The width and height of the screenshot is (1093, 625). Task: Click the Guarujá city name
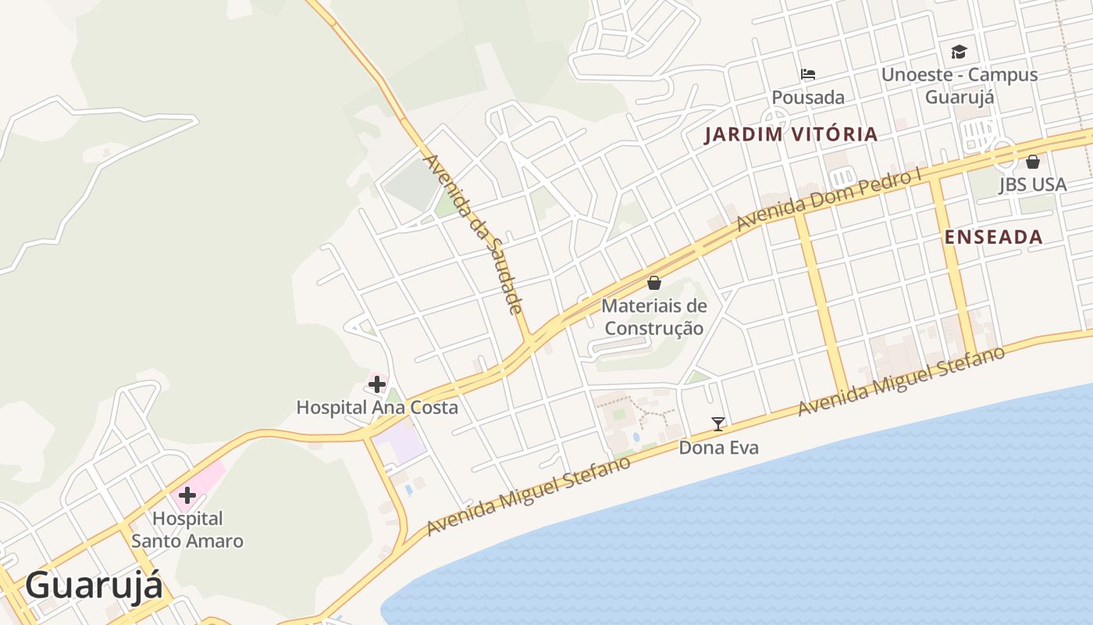(x=94, y=586)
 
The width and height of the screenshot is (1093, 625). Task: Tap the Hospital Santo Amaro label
(x=187, y=530)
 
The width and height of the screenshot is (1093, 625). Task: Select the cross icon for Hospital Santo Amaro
(x=187, y=495)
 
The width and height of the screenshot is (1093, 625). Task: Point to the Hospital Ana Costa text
(x=377, y=407)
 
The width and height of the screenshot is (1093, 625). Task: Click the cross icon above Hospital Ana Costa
(x=377, y=384)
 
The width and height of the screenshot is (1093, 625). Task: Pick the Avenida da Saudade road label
(x=472, y=234)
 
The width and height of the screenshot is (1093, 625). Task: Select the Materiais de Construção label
(x=654, y=317)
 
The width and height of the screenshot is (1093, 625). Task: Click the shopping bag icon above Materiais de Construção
(x=654, y=283)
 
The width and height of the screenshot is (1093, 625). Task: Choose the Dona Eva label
(x=718, y=448)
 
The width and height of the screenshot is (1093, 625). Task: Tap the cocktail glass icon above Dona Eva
(x=718, y=424)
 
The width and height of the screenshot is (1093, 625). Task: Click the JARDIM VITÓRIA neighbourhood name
(x=791, y=134)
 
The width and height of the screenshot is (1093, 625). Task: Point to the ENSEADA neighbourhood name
(x=993, y=237)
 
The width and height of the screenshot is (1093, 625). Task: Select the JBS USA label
(x=1032, y=184)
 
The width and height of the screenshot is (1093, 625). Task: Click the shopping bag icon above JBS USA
(x=1033, y=162)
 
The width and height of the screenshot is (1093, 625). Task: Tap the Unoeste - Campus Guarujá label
(x=959, y=85)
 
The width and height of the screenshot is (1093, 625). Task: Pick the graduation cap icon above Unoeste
(x=959, y=52)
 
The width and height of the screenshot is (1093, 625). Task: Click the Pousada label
(x=808, y=98)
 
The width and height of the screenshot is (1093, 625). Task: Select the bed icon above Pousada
(x=808, y=75)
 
